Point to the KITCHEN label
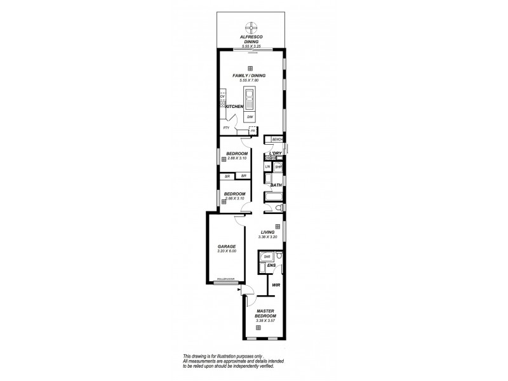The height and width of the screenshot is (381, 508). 233,107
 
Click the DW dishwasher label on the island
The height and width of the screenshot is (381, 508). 250,118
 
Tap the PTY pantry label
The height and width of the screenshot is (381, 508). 226,128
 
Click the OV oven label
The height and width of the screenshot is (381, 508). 222,97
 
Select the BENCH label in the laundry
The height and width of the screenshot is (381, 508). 277,139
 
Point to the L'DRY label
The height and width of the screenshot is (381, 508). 275,153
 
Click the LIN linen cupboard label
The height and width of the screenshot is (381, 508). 268,166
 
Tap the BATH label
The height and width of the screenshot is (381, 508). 276,185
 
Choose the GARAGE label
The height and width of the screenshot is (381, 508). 227,246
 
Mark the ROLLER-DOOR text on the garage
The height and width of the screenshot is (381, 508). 226,279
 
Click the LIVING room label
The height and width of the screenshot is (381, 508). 267,232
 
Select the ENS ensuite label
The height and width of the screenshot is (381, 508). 271,265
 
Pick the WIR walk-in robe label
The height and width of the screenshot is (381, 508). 276,286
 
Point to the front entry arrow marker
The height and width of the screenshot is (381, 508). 240,289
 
